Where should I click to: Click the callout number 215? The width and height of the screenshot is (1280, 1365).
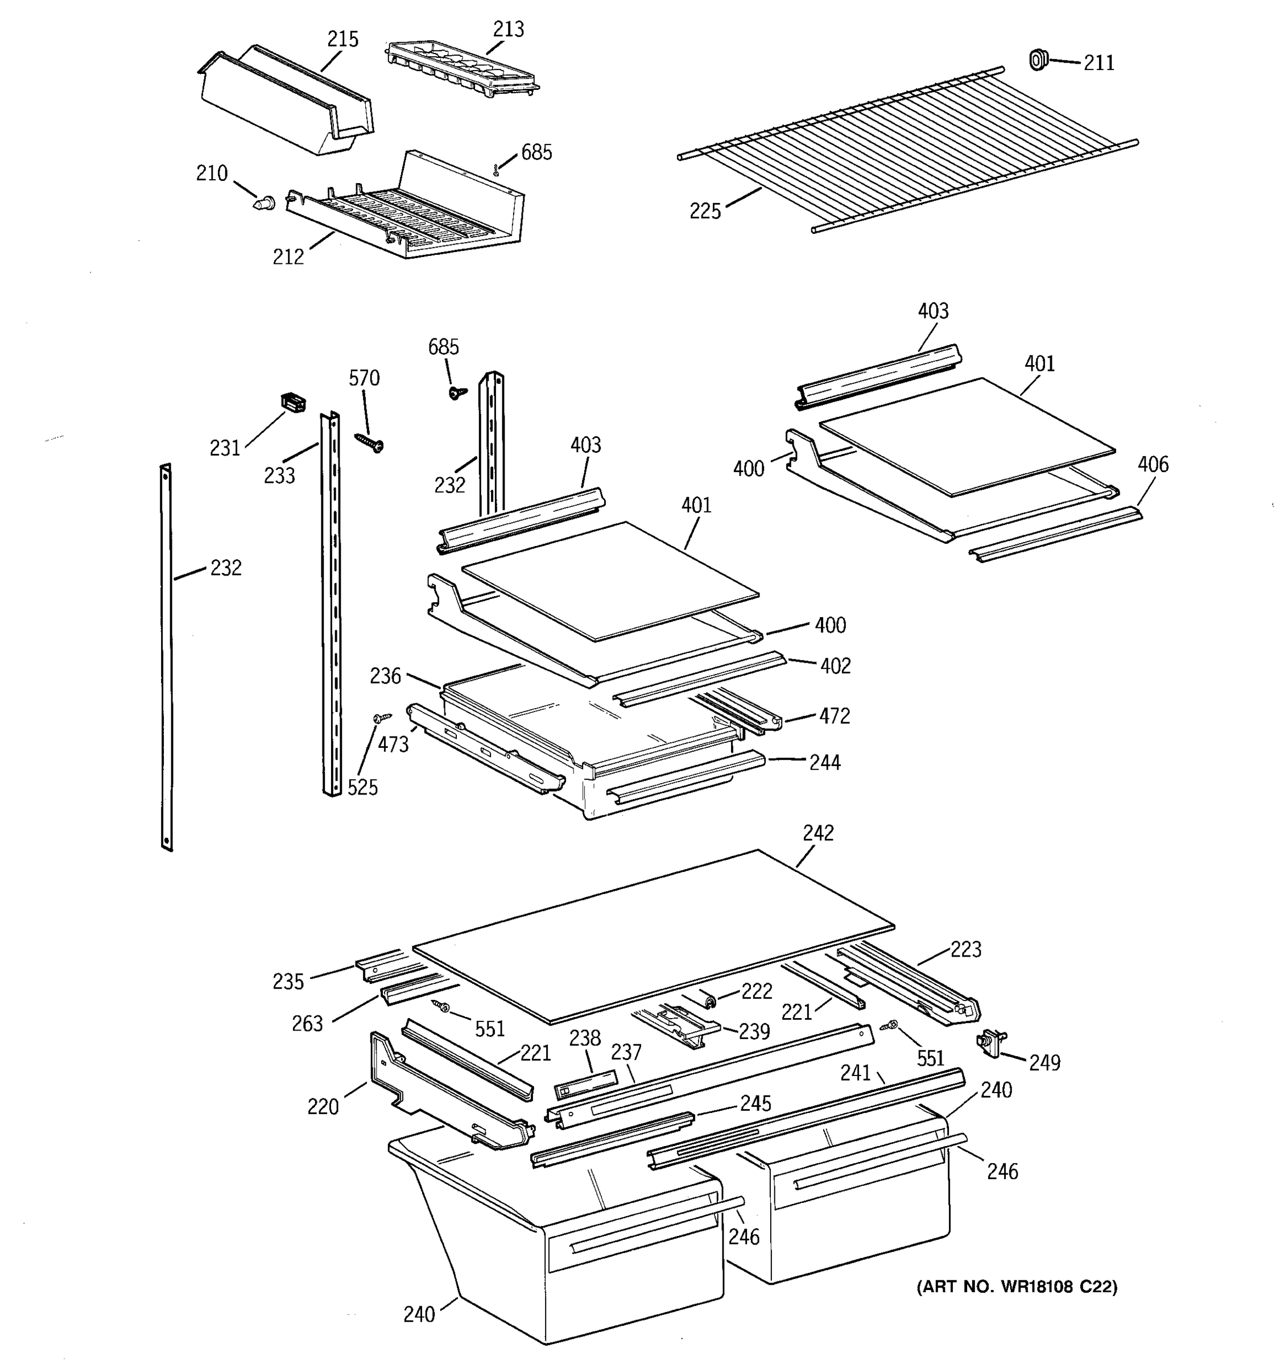pos(342,39)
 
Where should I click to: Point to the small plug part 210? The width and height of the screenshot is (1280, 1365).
pos(264,202)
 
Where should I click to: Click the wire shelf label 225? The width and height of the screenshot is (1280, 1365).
pos(704,211)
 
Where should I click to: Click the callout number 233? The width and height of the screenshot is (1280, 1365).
pos(279,475)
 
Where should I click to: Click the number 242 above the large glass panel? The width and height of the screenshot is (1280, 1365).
pos(818,832)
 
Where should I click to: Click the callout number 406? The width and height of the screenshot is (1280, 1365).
pos(1152,464)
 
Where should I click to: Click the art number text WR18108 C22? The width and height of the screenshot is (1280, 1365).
pos(1016,1286)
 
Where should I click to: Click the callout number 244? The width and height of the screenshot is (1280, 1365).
pos(824,762)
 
